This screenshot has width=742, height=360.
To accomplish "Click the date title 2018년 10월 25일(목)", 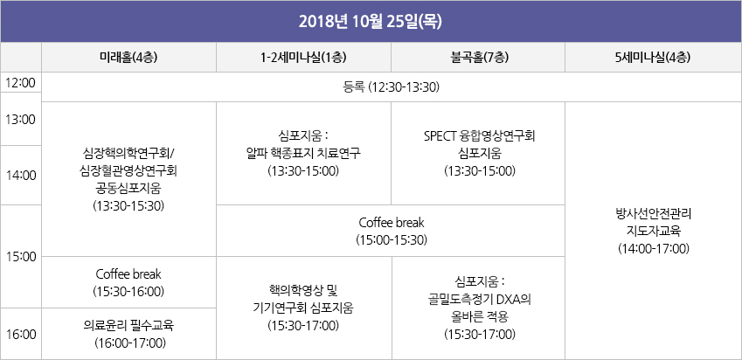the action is (x=371, y=22).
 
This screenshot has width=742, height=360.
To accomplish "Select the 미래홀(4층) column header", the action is (x=128, y=58).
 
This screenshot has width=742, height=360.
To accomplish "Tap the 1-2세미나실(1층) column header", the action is (x=303, y=58).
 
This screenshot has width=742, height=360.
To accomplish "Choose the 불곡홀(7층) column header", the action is (x=478, y=58).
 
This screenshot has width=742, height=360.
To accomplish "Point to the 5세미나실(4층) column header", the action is (x=654, y=58).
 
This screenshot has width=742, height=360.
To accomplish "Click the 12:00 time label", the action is (x=21, y=83).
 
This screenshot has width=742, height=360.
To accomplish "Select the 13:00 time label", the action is (x=21, y=119).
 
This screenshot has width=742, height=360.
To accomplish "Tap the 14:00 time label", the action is (x=21, y=176).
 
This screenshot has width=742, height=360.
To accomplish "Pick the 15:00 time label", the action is (x=21, y=257).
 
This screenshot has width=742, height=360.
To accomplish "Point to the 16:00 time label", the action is (x=21, y=335).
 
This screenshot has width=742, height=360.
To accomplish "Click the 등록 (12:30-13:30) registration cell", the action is (x=392, y=87).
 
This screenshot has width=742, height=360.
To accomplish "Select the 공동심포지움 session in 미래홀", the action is (x=128, y=179).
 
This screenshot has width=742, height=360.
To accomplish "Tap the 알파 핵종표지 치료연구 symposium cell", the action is (x=303, y=153).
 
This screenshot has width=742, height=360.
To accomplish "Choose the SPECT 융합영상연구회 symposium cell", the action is (x=478, y=153).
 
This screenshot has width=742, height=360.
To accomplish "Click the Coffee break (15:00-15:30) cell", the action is (x=391, y=231).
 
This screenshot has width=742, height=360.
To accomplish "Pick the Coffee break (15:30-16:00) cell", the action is (x=128, y=282).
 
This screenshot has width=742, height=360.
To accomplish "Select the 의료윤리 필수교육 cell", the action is (x=128, y=334).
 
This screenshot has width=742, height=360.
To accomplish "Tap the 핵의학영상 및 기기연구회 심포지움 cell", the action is (x=304, y=308).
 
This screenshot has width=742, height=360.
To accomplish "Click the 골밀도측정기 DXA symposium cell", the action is (x=479, y=308).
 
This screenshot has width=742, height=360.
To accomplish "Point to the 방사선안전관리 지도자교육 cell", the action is (x=654, y=231).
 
